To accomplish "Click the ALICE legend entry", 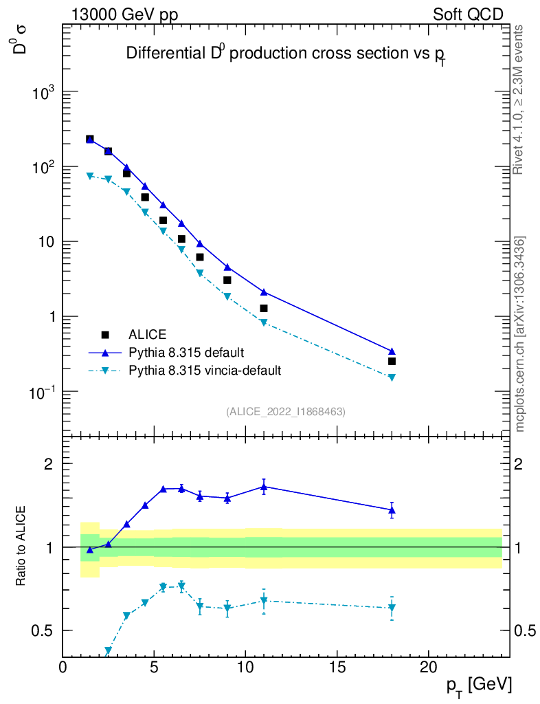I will pos(147,335).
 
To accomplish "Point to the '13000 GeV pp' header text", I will pos(125,14).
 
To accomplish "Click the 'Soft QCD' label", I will pos(468,14).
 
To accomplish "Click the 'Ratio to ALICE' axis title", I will pos(21,547).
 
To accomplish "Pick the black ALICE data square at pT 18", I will pos(392,361).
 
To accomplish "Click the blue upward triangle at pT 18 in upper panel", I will pos(392,351).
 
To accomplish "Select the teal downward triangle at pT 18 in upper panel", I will pos(392,377).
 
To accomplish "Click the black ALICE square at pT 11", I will pos(264,309).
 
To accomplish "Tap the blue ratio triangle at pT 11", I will pos(264,487).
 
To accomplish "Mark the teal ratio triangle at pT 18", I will pos(392,608).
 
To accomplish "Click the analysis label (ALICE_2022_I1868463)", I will pos(286,412).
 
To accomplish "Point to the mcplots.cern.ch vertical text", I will pos(520,334).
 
